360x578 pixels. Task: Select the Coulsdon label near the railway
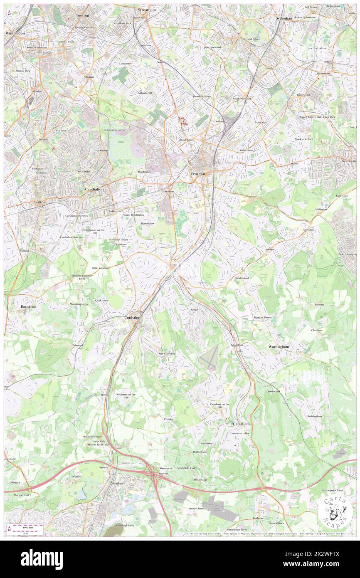(x=133, y=317)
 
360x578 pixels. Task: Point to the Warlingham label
(x=279, y=346)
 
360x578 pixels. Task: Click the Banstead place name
(x=29, y=306)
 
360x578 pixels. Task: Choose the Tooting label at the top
(x=83, y=15)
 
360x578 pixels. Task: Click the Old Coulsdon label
(x=167, y=353)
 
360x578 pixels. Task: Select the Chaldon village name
(x=168, y=419)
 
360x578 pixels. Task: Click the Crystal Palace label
(x=252, y=39)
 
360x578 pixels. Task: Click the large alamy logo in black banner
(x=42, y=559)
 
